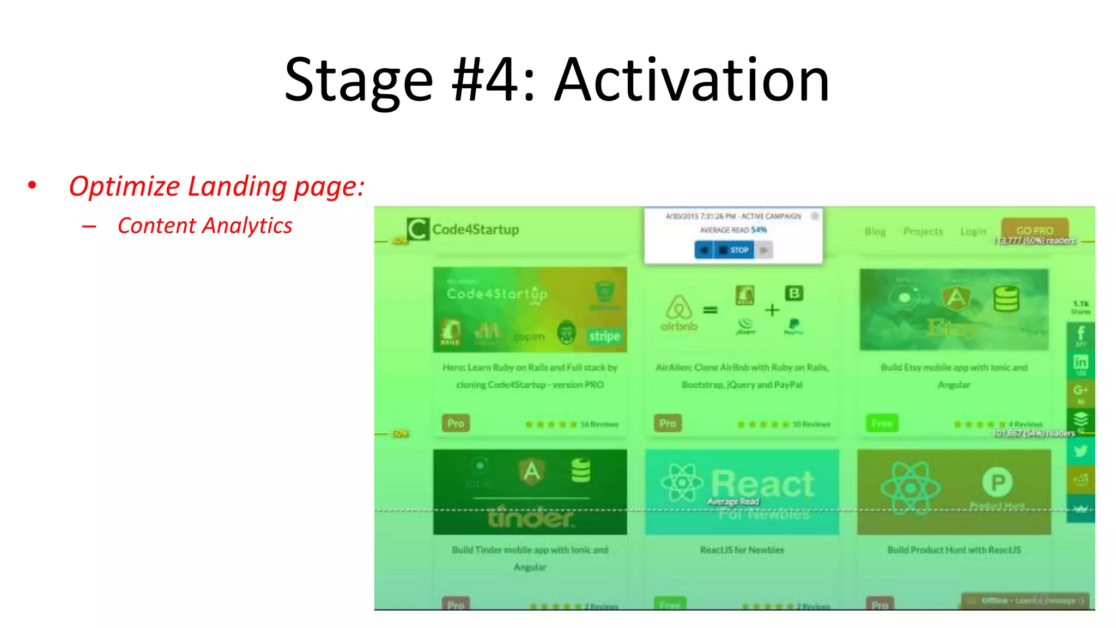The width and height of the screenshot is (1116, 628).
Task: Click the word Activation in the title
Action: tap(692, 81)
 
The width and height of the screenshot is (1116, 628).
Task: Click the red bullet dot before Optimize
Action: tap(32, 186)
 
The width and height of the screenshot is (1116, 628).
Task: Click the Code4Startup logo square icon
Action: tap(418, 229)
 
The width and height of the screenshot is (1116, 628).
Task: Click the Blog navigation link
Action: tap(875, 232)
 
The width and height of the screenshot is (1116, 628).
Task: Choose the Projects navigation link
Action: tap(923, 232)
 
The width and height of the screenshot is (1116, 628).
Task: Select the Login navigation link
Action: tap(973, 232)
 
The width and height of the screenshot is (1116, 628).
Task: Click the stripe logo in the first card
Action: tap(604, 336)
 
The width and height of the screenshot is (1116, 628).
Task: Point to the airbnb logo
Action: tap(679, 313)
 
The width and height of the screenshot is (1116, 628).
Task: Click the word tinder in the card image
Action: tap(530, 517)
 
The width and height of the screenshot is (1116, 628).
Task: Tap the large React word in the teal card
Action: tap(763, 484)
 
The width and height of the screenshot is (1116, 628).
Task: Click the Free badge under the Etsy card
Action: tap(882, 423)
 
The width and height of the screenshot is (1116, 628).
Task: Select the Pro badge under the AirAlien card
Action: tap(668, 423)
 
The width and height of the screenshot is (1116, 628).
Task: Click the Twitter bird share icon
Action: tap(1081, 451)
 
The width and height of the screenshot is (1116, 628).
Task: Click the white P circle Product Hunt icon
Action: tap(997, 482)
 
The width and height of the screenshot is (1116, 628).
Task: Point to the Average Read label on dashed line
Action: tap(733, 502)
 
